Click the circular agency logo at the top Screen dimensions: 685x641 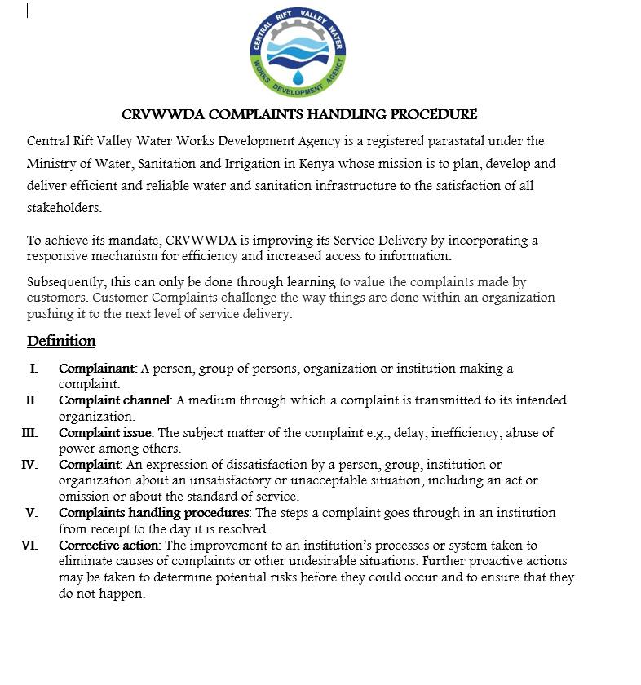pos(298,53)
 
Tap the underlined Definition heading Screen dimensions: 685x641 pos(61,341)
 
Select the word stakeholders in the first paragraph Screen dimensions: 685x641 pos(64,207)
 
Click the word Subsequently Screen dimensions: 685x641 pos(65,282)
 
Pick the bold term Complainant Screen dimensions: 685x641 pos(97,369)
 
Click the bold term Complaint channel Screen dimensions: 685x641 pos(113,400)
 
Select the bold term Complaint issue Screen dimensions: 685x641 pos(105,432)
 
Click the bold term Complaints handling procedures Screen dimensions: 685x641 pos(154,513)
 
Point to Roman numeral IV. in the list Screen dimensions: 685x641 pos(29,465)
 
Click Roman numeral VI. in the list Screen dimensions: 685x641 pos(29,546)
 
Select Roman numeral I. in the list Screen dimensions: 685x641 pos(33,369)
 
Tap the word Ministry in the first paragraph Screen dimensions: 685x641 pos(51,163)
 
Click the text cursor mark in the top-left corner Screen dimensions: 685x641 pos(28,11)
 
